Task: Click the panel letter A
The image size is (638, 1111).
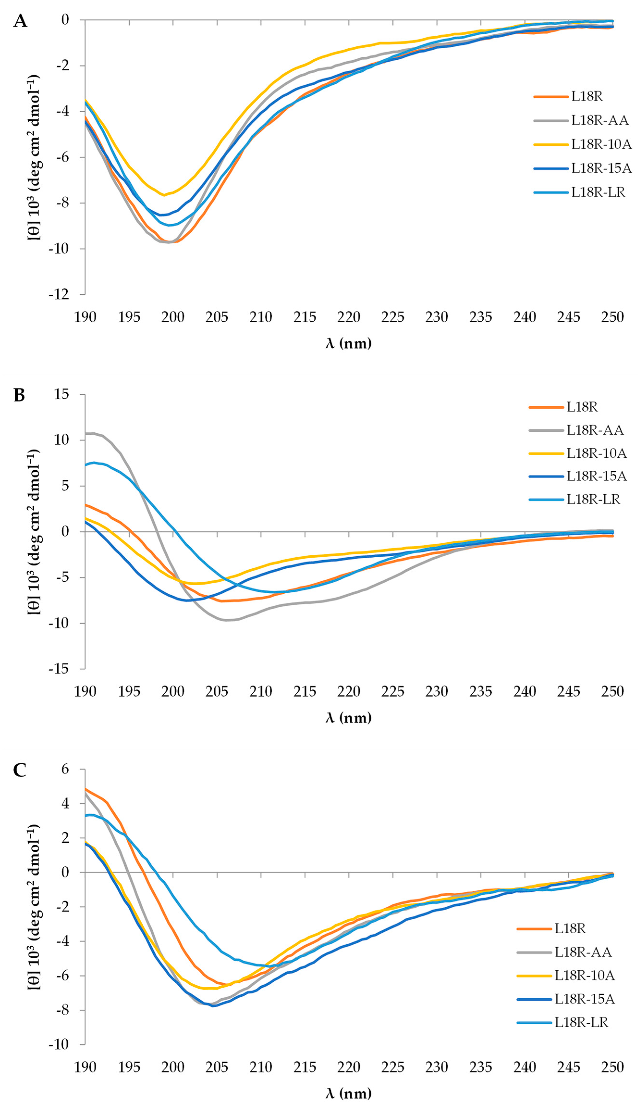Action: pos(20,21)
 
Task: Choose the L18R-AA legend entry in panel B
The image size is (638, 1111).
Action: pos(576,430)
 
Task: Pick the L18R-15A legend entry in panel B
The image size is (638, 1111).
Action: pos(577,476)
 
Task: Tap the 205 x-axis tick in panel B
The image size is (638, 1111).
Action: pos(217,692)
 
